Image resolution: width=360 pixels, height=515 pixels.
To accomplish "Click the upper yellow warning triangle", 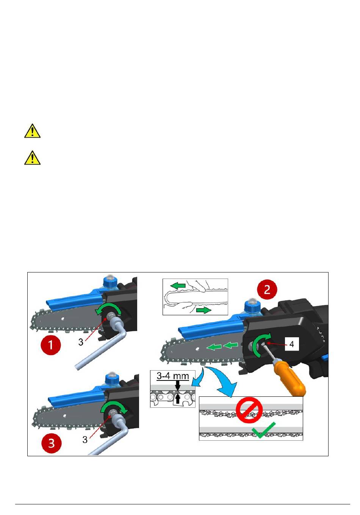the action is [33, 131].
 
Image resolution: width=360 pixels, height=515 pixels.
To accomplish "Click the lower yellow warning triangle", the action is [33, 158].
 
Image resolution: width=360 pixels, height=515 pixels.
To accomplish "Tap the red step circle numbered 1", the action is [50, 345].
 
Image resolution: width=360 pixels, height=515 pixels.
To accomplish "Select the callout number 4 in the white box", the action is [292, 344].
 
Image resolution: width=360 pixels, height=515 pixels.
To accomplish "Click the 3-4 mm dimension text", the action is [173, 376].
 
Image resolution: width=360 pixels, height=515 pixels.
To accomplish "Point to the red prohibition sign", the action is [249, 410].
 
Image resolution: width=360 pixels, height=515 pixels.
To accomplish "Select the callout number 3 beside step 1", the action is [81, 342].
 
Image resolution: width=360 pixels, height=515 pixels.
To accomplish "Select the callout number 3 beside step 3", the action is [85, 440].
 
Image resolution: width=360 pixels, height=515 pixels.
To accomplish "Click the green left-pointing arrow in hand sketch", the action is [178, 286].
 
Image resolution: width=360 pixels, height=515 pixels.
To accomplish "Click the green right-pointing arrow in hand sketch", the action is [203, 310].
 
